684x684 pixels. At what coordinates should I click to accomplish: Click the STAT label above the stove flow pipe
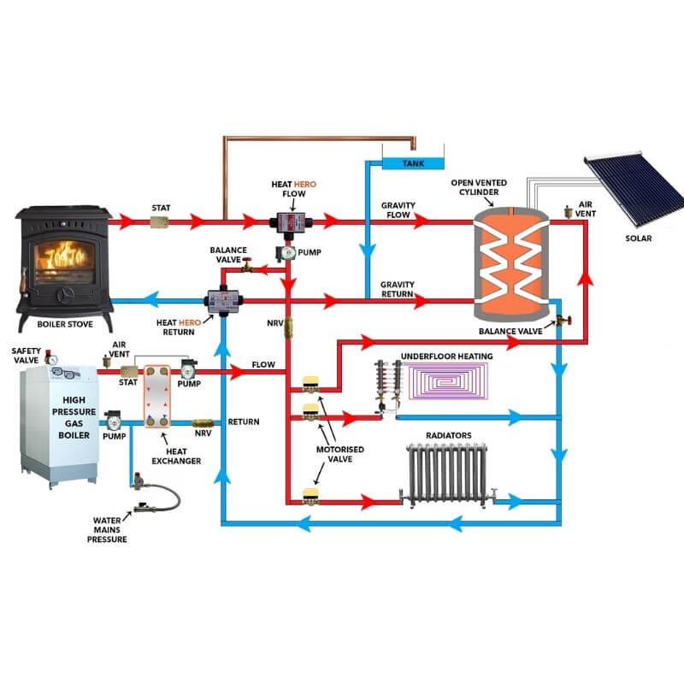click(x=161, y=207)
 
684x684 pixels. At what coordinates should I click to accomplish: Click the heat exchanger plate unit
click(x=156, y=395)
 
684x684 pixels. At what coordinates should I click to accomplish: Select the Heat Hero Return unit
click(x=223, y=301)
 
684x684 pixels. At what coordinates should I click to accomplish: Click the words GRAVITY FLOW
click(x=398, y=210)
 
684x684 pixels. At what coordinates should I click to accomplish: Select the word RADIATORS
click(x=448, y=435)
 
